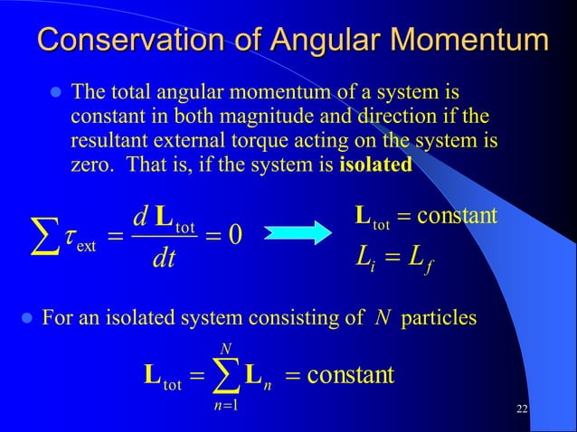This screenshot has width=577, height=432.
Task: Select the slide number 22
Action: pyautogui.click(x=521, y=411)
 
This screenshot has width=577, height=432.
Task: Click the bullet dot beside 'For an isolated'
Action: pyautogui.click(x=26, y=318)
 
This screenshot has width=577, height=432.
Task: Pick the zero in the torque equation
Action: pyautogui.click(x=232, y=234)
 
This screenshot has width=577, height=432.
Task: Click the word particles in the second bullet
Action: pyautogui.click(x=440, y=318)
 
